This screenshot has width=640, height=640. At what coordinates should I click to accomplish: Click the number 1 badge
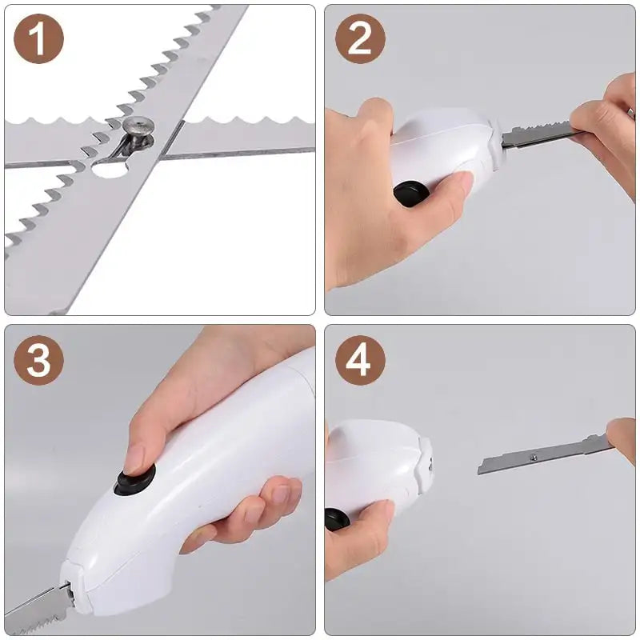click(38, 39)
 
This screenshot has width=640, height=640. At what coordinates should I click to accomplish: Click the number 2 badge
click(360, 39)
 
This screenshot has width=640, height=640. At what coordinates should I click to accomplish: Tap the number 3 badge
click(38, 361)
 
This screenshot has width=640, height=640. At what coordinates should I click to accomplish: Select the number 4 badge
click(360, 361)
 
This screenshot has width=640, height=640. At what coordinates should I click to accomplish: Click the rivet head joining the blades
click(142, 127)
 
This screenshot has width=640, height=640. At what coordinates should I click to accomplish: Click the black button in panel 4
click(337, 520)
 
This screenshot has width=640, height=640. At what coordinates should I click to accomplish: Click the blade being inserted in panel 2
click(536, 134)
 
